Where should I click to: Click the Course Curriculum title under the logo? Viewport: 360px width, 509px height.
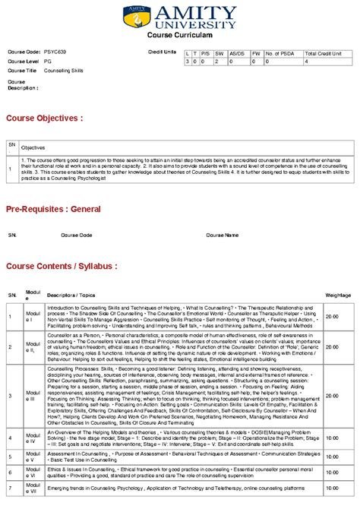click(179, 35)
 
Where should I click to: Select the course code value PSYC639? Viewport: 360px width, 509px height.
click(55, 51)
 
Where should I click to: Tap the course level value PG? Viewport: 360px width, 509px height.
click(47, 61)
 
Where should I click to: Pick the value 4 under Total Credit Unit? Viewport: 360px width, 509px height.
click(306, 62)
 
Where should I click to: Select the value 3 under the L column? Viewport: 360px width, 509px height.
click(188, 62)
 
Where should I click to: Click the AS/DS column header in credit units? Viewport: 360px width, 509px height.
click(236, 53)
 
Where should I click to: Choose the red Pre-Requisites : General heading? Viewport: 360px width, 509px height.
click(53, 207)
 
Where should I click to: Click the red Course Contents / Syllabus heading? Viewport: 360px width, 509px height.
click(62, 267)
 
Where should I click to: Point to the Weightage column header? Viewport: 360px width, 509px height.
click(338, 294)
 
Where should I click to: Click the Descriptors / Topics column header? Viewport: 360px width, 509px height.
click(71, 294)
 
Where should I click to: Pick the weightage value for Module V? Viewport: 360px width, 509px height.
click(332, 457)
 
